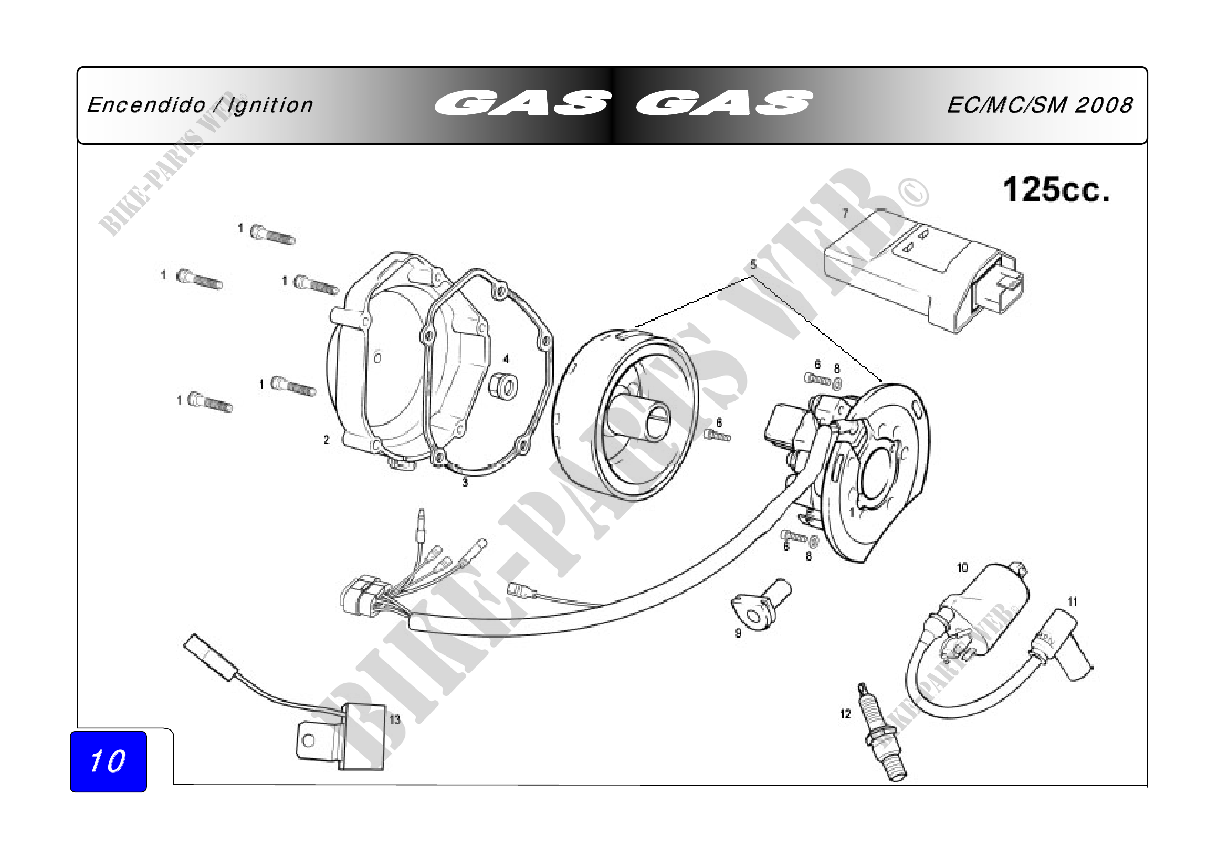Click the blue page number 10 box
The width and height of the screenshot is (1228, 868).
click(108, 761)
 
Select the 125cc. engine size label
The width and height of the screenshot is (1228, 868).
click(1056, 190)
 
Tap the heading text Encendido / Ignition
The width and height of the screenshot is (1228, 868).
click(200, 105)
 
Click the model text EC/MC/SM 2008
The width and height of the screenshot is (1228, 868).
click(1040, 105)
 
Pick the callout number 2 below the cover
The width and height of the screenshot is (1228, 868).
click(326, 440)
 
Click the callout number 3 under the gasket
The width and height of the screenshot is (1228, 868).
click(465, 483)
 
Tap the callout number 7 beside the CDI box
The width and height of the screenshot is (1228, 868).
click(845, 214)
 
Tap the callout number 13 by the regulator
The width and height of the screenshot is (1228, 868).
click(395, 719)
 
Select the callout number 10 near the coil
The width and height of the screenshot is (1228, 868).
click(962, 568)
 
